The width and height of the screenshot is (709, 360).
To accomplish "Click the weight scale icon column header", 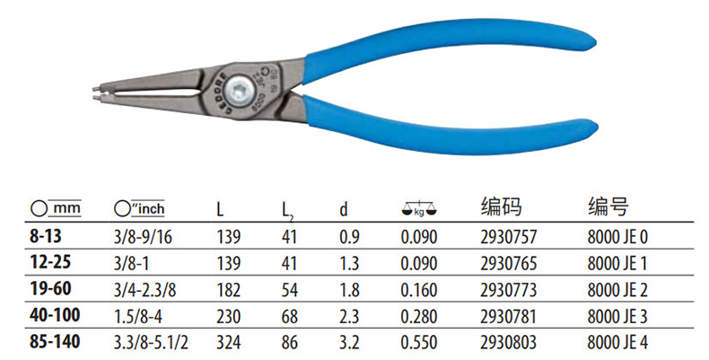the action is pyautogui.click(x=419, y=209).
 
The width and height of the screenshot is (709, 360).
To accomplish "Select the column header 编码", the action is pyautogui.click(x=501, y=206).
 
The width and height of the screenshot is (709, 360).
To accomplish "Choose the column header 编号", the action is pyautogui.click(x=608, y=206).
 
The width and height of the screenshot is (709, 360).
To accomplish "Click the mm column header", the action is pyautogui.click(x=56, y=208).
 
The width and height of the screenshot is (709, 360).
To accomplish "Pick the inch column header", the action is pyautogui.click(x=139, y=208).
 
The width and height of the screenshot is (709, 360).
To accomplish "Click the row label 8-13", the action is pyautogui.click(x=45, y=236).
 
